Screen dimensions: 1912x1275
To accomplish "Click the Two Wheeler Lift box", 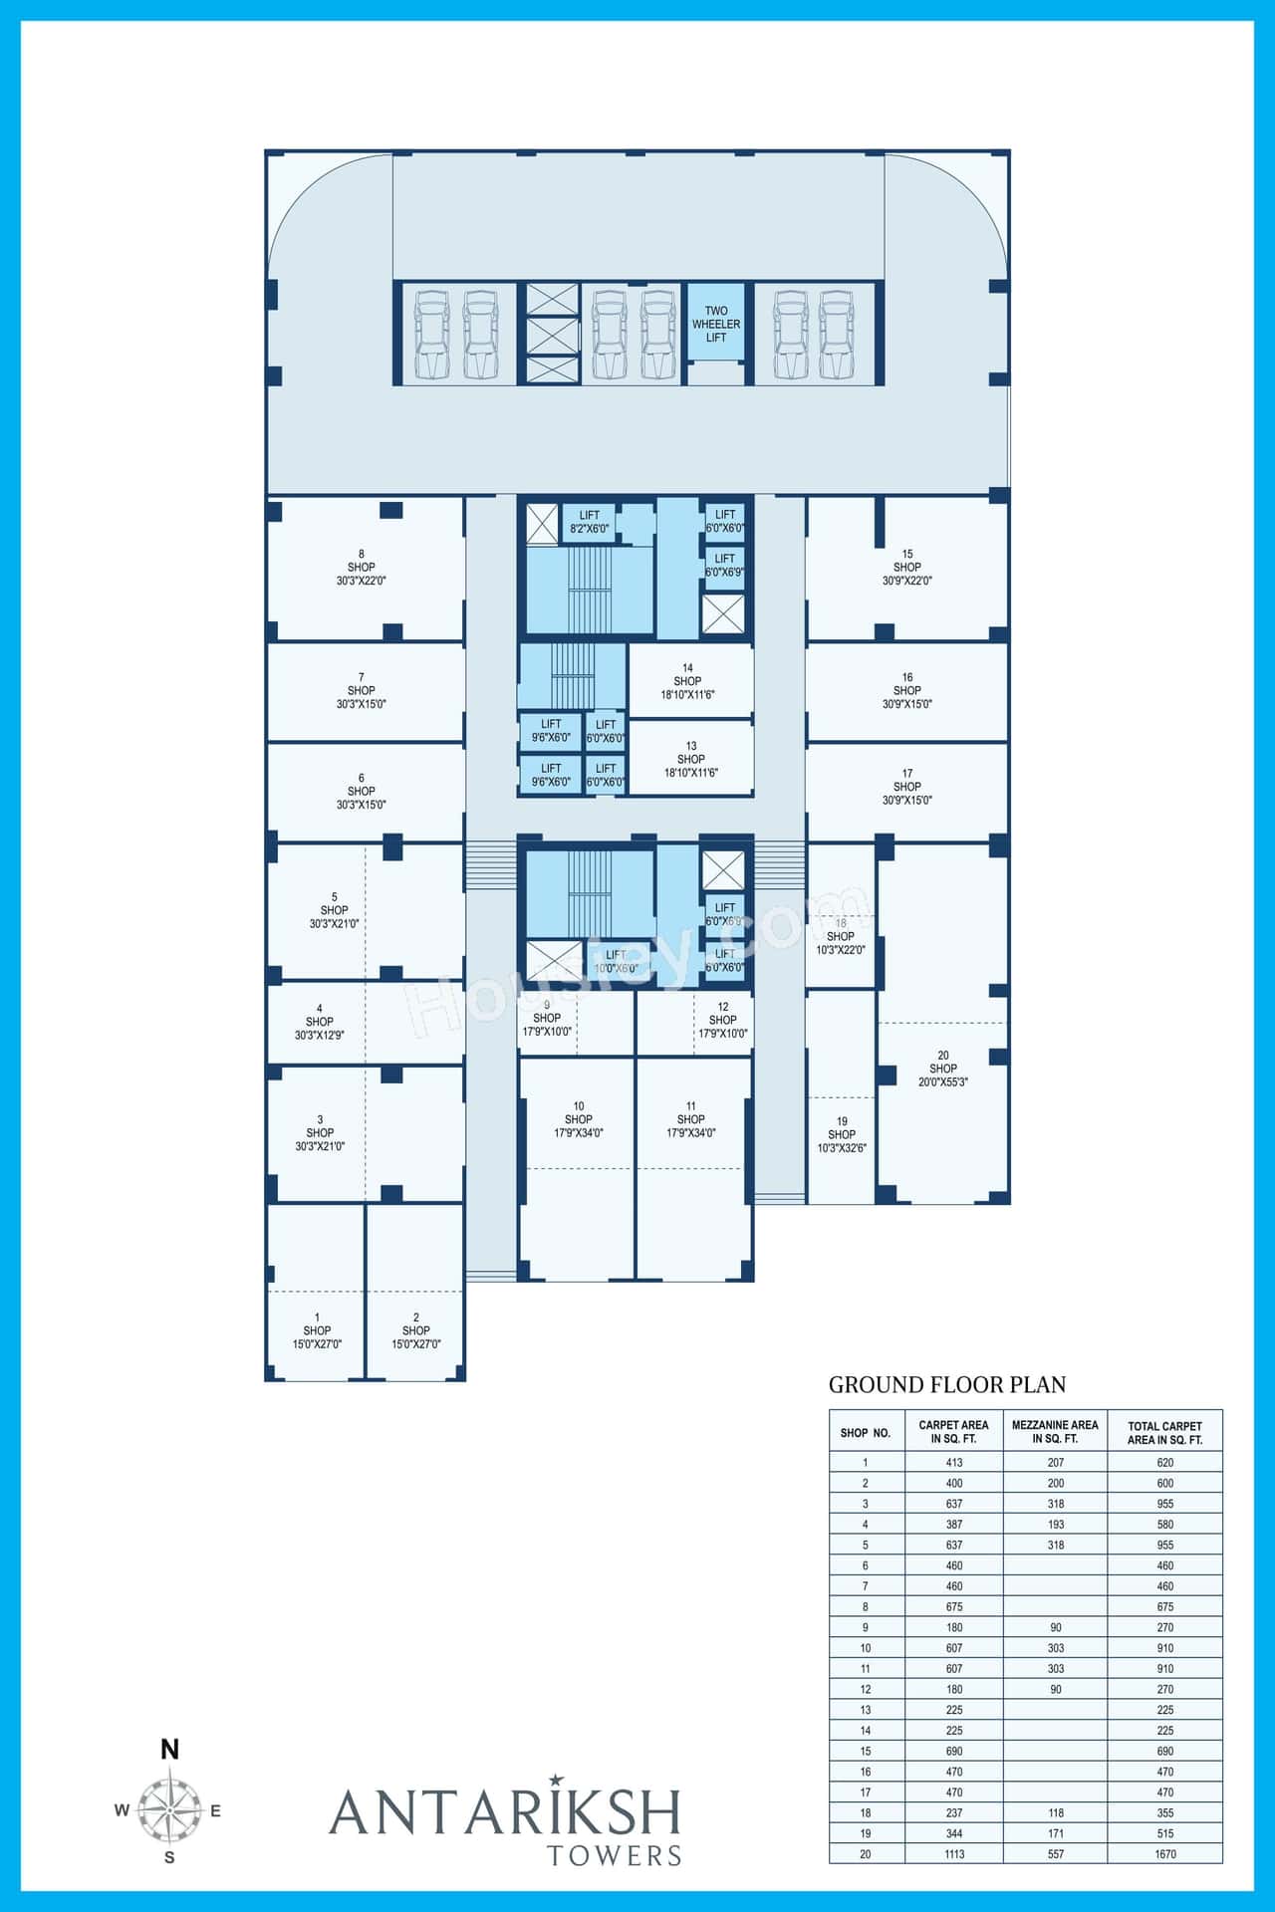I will [x=715, y=325].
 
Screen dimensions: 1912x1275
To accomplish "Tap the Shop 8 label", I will [x=361, y=568].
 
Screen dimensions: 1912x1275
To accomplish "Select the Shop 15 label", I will [x=906, y=568].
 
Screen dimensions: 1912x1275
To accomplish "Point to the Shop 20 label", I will [x=942, y=1069].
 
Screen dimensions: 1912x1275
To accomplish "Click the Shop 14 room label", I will [x=687, y=682].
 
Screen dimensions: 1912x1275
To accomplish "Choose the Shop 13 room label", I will [x=690, y=759].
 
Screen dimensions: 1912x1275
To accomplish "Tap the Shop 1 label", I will [x=317, y=1330].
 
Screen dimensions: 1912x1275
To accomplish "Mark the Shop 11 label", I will [x=690, y=1119].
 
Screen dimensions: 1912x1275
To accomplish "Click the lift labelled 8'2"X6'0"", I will [x=589, y=522].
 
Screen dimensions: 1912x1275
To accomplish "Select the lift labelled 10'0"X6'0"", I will [x=616, y=961].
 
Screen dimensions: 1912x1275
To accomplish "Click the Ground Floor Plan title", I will [x=946, y=1384].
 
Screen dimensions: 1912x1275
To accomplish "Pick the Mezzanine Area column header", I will [x=1055, y=1432].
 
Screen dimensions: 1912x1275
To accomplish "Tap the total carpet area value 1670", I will [x=1165, y=1854].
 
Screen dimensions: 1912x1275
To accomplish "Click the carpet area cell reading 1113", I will [x=954, y=1854].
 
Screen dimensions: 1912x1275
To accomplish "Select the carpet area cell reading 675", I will [x=954, y=1606].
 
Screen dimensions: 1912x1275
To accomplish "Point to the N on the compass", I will [x=170, y=1750].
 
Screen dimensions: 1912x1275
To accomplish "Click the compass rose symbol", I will [x=169, y=1810].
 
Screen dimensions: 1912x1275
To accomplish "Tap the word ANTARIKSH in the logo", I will [x=505, y=1811].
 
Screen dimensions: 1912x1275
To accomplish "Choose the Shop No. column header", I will [x=865, y=1433].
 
